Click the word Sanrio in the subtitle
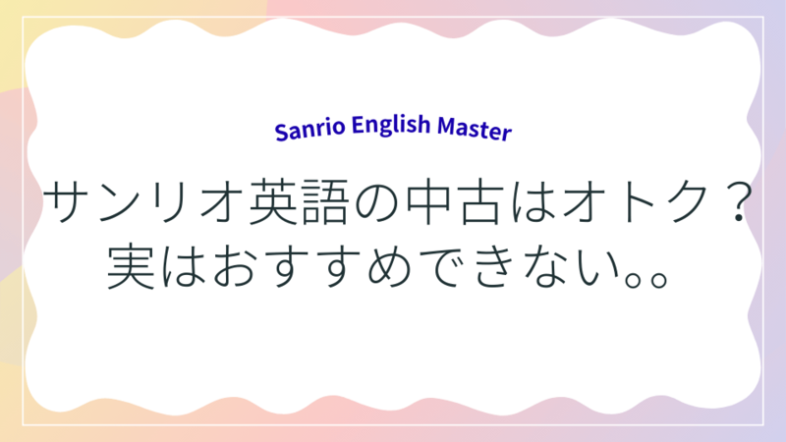[309, 130]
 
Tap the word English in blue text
[391, 126]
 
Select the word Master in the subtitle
[475, 129]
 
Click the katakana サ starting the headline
[68, 201]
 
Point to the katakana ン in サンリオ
[120, 201]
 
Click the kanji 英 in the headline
[274, 201]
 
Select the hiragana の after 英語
[377, 202]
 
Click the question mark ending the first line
[738, 201]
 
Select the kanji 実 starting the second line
[131, 265]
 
